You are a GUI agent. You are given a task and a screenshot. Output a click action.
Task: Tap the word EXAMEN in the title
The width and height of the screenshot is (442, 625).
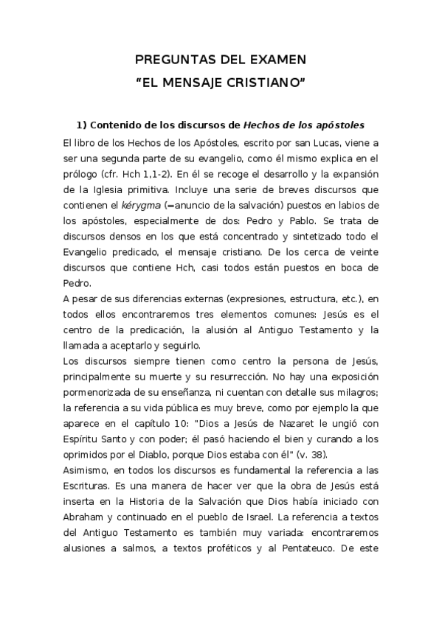tap(274, 60)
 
